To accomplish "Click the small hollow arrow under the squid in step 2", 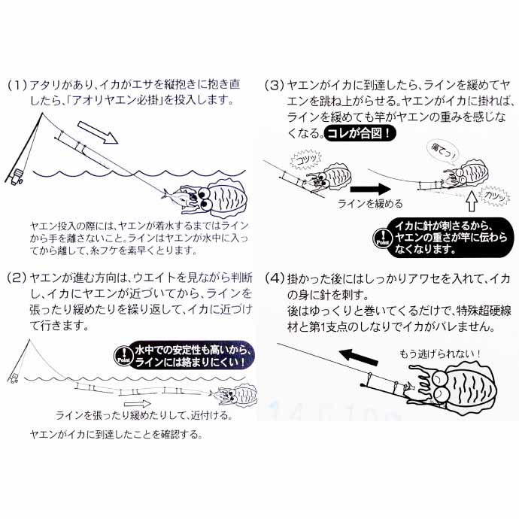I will coord(162,403).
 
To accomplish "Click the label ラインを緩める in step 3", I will coord(370,203).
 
